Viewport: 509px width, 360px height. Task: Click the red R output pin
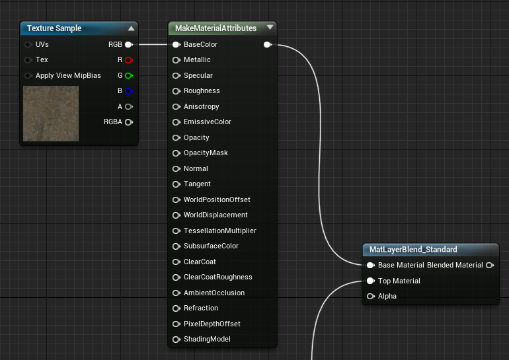click(x=129, y=60)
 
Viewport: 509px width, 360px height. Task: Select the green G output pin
click(x=129, y=75)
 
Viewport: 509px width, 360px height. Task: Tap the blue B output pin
click(x=129, y=91)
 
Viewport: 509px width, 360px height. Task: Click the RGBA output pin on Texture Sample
click(x=129, y=122)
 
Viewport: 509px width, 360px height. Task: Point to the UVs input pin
click(x=28, y=44)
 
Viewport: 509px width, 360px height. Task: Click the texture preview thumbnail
click(x=51, y=114)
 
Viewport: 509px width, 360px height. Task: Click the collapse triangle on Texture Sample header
click(x=131, y=28)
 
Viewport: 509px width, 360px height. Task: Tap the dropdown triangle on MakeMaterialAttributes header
click(x=270, y=27)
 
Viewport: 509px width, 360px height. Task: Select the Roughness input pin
click(x=176, y=91)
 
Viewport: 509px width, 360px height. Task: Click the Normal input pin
click(x=176, y=168)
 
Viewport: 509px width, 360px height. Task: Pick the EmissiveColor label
click(x=208, y=122)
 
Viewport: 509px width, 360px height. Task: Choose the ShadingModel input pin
click(x=176, y=340)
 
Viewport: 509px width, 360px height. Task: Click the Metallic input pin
click(x=176, y=60)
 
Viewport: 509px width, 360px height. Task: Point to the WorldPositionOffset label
click(x=217, y=199)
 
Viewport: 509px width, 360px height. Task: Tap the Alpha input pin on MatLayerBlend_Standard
click(x=371, y=296)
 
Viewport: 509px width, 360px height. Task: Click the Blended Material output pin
click(x=490, y=266)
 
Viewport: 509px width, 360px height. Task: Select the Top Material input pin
click(x=371, y=281)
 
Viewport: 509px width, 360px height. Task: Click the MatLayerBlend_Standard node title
click(x=413, y=250)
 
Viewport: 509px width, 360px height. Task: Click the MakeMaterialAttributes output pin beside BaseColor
click(x=268, y=44)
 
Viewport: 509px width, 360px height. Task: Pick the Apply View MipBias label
click(x=68, y=75)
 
